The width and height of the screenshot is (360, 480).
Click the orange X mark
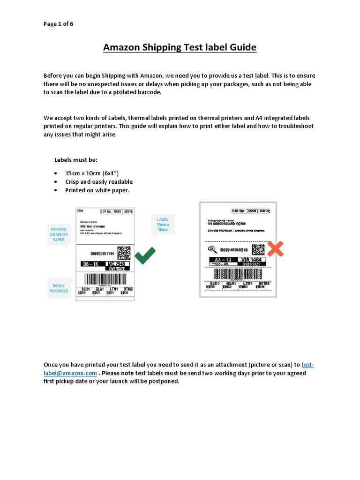276,248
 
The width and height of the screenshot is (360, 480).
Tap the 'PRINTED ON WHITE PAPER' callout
59,234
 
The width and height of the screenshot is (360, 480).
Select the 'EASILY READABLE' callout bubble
59,288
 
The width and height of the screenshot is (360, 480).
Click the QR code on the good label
123,253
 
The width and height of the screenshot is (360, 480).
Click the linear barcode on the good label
105,280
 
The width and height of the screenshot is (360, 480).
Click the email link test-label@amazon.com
70,373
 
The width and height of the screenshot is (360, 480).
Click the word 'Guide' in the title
240,48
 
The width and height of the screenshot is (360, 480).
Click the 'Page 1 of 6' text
58,23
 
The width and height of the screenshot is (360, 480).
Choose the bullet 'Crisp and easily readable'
99,182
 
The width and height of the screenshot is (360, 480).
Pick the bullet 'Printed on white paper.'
97,190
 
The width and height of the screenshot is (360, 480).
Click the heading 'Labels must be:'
76,160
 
